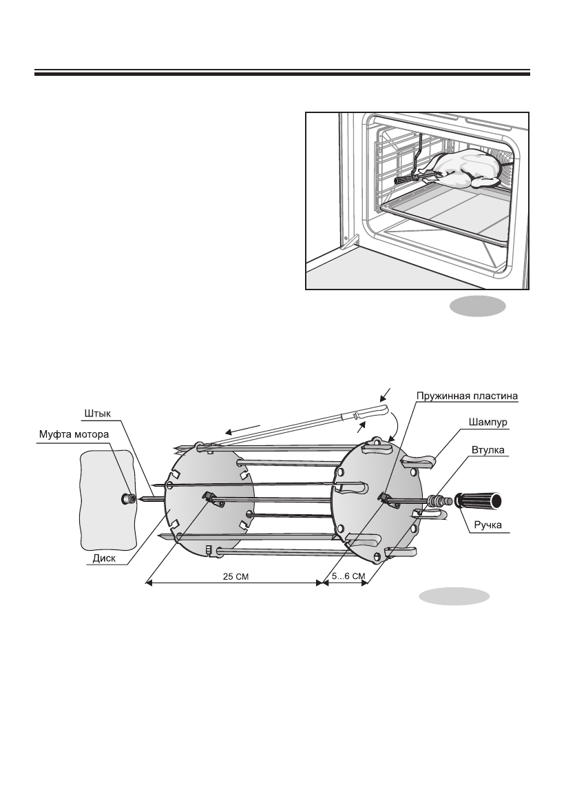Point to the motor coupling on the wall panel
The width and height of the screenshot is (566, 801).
[x=128, y=498]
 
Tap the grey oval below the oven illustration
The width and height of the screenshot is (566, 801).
[x=479, y=307]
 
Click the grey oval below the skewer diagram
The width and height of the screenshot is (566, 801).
[x=454, y=597]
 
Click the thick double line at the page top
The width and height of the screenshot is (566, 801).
[x=282, y=72]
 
